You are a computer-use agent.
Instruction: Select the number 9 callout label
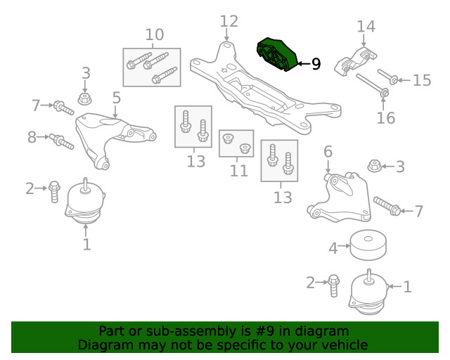[316, 65]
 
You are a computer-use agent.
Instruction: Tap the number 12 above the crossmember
[229, 21]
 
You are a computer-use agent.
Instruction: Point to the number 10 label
[155, 34]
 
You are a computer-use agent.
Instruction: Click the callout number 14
[366, 27]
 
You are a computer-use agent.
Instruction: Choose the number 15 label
[421, 80]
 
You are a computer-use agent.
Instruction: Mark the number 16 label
[385, 117]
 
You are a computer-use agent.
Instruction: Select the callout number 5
[117, 98]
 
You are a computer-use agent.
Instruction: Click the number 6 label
[328, 151]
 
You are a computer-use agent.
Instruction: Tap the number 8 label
[32, 137]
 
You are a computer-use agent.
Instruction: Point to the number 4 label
[334, 247]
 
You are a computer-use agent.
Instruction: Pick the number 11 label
[239, 170]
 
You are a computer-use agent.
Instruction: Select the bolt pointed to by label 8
[62, 141]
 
